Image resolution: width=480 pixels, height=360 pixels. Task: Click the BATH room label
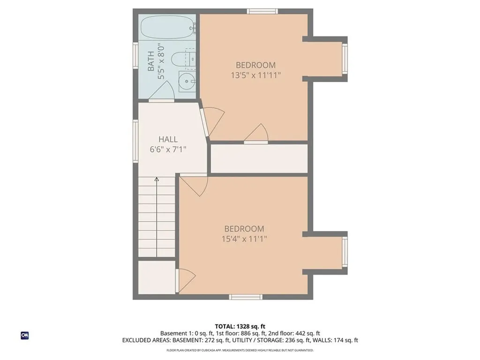click(x=151, y=61)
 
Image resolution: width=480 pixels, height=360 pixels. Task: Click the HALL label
click(x=168, y=139)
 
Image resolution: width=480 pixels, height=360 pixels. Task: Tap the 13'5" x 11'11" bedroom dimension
click(x=255, y=75)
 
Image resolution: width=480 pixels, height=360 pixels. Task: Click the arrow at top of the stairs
click(x=157, y=179)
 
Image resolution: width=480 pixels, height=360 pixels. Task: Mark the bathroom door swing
click(x=166, y=94)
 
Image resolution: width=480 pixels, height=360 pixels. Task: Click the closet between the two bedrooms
click(x=259, y=158)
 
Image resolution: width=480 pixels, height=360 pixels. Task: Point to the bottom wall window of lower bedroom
click(x=246, y=297)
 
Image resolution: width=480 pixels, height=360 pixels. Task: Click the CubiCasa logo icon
click(x=24, y=336)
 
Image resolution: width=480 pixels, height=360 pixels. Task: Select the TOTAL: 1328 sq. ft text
click(x=240, y=326)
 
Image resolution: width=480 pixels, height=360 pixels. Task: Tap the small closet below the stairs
click(x=157, y=277)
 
